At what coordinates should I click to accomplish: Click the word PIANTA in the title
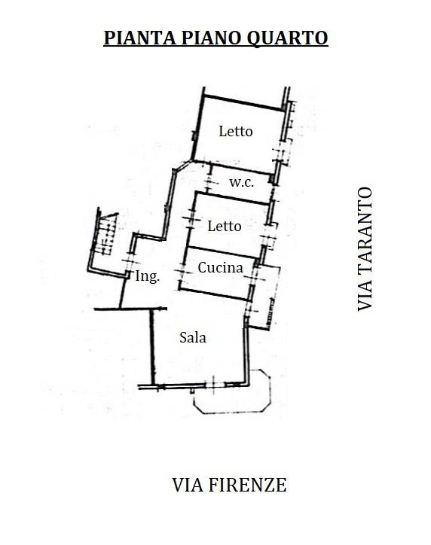pos(140,38)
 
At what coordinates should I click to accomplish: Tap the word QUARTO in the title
pos(287,38)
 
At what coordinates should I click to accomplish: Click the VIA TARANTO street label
pos(365,249)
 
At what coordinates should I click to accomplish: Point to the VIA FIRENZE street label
pos(229,485)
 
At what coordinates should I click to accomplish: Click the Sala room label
pos(193,337)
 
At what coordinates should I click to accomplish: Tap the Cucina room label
pos(220,267)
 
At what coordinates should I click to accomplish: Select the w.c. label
pos(241,183)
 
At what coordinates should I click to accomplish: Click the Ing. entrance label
pos(148,276)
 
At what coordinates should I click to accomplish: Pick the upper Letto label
pos(236,131)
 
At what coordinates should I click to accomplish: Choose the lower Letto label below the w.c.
pos(225,226)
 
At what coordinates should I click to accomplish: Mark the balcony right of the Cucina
pos(265,297)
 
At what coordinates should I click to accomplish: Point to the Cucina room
pos(217,273)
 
